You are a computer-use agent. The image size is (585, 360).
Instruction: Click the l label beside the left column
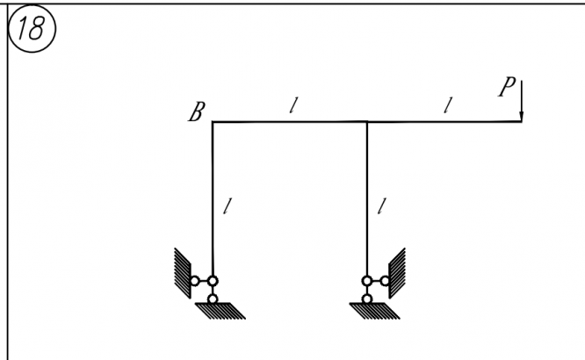pyautogui.click(x=227, y=208)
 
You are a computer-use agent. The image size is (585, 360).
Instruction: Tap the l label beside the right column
pyautogui.click(x=380, y=208)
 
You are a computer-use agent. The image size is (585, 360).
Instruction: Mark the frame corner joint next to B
pyautogui.click(x=213, y=122)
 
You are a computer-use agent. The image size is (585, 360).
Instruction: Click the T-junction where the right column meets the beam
pyautogui.click(x=367, y=122)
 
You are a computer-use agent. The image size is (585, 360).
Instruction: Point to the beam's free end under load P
pyautogui.click(x=522, y=122)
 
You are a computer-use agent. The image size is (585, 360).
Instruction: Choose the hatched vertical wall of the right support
pyautogui.click(x=395, y=270)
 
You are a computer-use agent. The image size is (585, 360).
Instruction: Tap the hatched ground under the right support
pyautogui.click(x=368, y=309)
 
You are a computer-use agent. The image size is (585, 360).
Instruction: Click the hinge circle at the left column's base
pyautogui.click(x=213, y=281)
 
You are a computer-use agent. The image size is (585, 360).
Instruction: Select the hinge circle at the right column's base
pyautogui.click(x=367, y=281)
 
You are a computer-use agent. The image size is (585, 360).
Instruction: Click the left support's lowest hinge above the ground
pyautogui.click(x=213, y=298)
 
